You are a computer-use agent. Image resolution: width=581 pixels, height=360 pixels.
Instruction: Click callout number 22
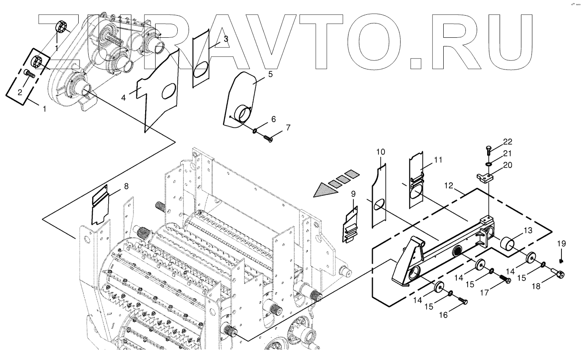pyautogui.click(x=508, y=142)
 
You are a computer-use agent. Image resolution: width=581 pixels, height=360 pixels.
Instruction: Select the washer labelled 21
pyautogui.click(x=488, y=165)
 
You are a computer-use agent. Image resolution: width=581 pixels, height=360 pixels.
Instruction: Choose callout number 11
pyautogui.click(x=438, y=160)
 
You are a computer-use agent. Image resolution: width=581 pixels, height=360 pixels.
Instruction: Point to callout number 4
pyautogui.click(x=123, y=98)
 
